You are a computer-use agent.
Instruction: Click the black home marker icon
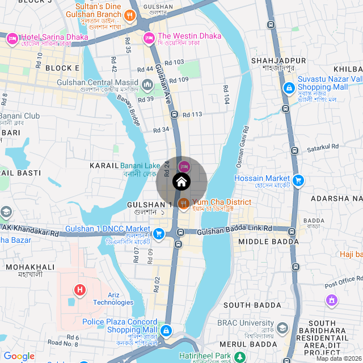tap(181, 182)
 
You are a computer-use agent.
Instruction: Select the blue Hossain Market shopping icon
tap(298, 180)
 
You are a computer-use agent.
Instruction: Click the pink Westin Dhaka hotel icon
tap(149, 38)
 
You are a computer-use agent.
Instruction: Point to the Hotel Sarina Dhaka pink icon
tap(12, 39)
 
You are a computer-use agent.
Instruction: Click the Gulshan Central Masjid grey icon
tap(147, 86)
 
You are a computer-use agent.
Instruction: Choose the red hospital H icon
tap(81, 290)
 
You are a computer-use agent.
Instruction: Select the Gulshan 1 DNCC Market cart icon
tap(159, 233)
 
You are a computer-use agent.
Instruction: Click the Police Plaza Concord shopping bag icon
tap(166, 330)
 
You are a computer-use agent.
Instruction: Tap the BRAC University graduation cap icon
tap(282, 328)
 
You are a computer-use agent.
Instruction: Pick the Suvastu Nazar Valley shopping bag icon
tap(289, 88)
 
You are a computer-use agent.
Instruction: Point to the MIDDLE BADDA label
tap(268, 242)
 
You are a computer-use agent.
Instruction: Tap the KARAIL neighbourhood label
tap(104, 165)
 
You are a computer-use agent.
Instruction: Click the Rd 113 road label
tap(192, 115)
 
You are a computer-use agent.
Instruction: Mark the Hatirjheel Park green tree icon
tap(240, 357)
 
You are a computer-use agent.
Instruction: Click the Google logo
tap(19, 356)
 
